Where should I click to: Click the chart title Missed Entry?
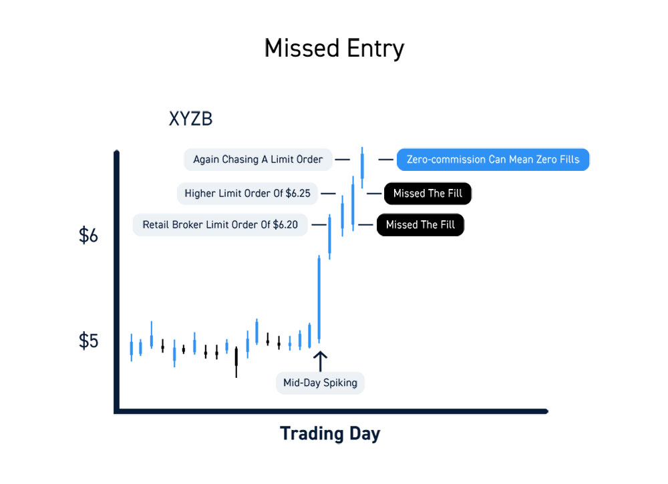(334, 48)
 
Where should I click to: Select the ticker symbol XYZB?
(190, 119)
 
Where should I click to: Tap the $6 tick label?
(88, 236)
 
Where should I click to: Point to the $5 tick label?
(88, 341)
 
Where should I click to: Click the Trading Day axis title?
(330, 434)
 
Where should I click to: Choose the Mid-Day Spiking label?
(321, 383)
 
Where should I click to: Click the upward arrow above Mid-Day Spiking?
(321, 361)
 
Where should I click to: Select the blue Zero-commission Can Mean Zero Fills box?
(493, 160)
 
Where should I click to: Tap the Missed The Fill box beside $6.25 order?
(428, 194)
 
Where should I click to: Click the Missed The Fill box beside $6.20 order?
(420, 225)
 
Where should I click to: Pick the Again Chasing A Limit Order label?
(258, 160)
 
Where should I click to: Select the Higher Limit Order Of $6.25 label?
(248, 194)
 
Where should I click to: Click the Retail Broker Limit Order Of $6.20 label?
(220, 225)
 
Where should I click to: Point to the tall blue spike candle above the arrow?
(319, 299)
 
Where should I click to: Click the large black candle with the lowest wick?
(236, 362)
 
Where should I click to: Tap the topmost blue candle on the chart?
(362, 168)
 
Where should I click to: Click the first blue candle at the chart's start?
(131, 347)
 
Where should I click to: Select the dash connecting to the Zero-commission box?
(386, 160)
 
